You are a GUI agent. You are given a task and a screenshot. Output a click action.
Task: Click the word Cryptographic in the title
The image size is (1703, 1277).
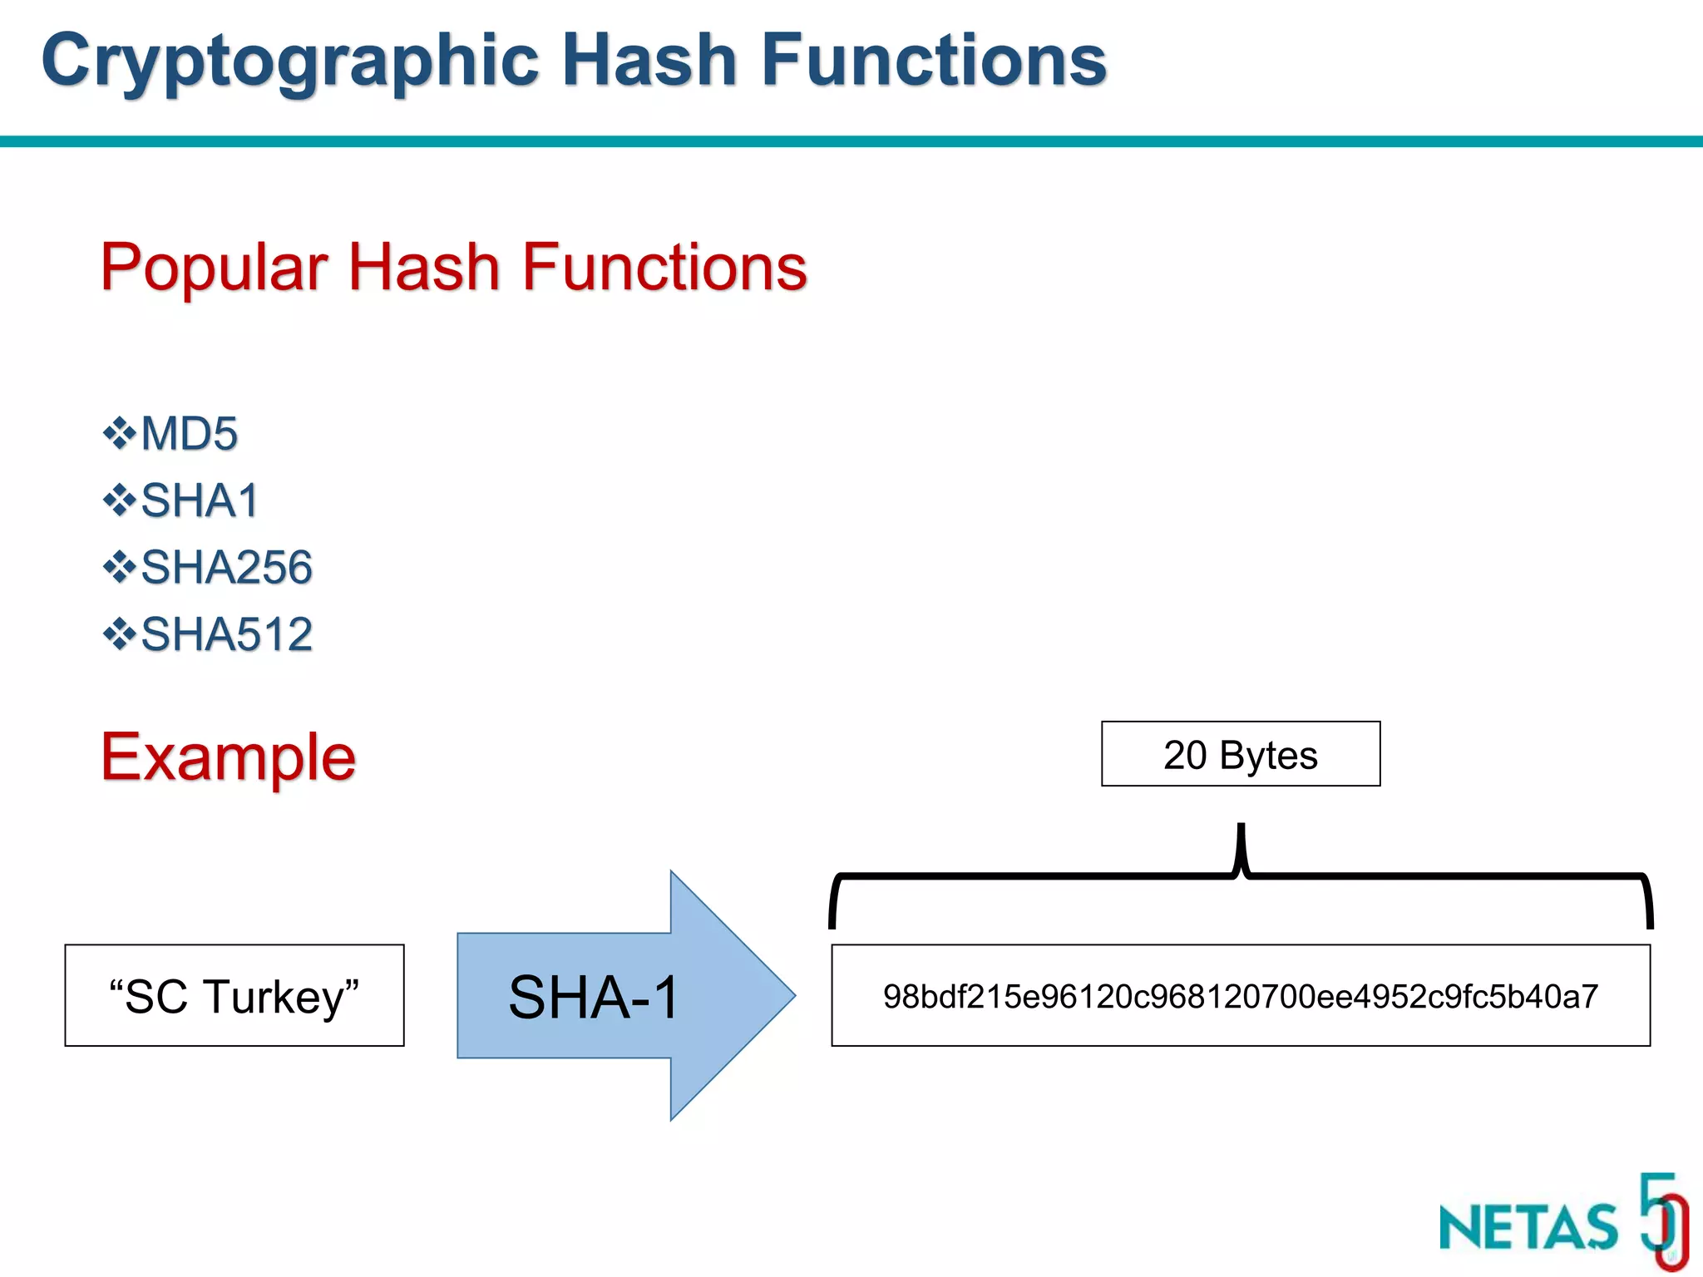tap(291, 62)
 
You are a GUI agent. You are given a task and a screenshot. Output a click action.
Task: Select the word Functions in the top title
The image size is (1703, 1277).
tap(933, 60)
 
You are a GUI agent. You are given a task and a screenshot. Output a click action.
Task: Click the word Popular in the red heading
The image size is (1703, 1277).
tap(215, 268)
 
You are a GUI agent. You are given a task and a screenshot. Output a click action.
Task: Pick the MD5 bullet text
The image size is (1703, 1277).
tap(190, 434)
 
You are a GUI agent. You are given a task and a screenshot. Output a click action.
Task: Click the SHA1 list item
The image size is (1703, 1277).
tap(200, 501)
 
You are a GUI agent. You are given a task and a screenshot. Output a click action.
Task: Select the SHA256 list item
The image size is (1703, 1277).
tap(226, 568)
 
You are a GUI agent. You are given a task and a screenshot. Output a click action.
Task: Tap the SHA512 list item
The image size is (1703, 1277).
tap(226, 635)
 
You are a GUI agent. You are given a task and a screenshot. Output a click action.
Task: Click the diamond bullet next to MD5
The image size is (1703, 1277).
tap(119, 433)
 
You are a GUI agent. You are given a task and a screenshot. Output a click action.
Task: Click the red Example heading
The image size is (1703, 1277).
tap(228, 757)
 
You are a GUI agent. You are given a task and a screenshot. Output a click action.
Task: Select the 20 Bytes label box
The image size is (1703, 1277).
tap(1240, 754)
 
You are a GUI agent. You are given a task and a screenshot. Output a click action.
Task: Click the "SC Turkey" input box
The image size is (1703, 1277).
tap(234, 996)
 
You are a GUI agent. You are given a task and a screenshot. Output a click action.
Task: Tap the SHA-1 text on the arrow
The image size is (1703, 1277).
tap(594, 997)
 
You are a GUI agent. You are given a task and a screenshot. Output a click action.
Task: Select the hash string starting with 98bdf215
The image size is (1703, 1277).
tap(1240, 996)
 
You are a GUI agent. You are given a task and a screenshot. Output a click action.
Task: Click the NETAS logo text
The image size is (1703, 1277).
tap(1528, 1228)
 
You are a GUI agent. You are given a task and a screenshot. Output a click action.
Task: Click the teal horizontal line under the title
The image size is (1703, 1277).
tap(851, 142)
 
